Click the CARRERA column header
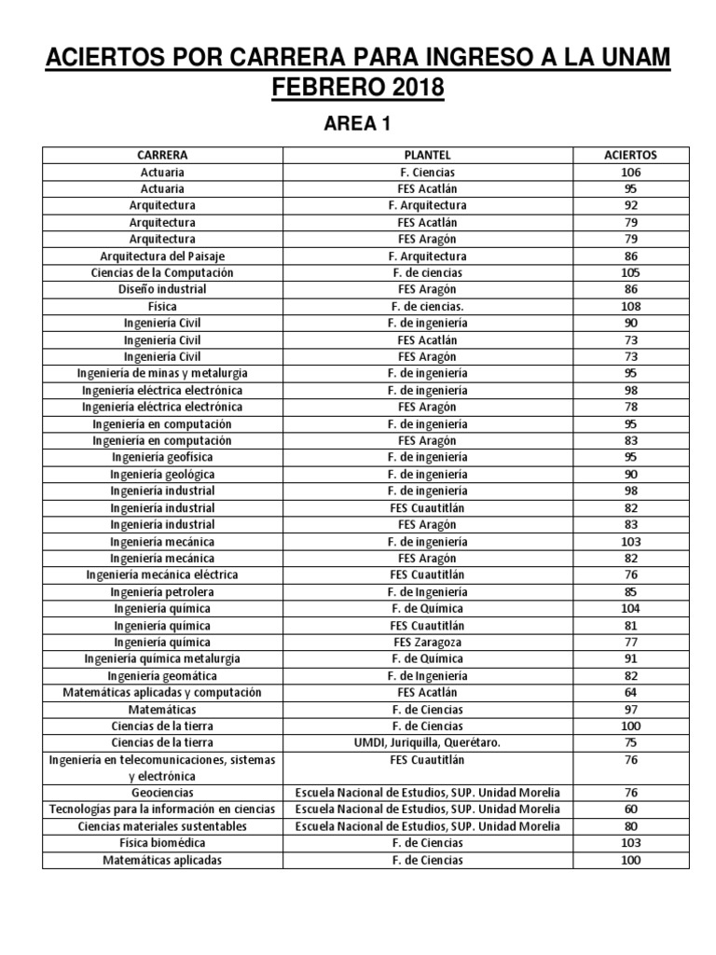(x=162, y=155)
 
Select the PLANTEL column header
(x=428, y=155)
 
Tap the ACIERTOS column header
(x=630, y=155)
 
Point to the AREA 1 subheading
(x=357, y=124)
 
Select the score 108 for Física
(x=630, y=306)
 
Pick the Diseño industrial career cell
(x=162, y=289)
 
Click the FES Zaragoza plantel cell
(x=428, y=642)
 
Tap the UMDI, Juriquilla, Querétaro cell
(x=428, y=742)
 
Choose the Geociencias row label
(x=162, y=793)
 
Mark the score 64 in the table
(x=630, y=692)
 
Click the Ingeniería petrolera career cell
(x=162, y=591)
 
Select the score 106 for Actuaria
(x=630, y=172)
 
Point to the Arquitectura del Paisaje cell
(x=162, y=256)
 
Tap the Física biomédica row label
(x=162, y=843)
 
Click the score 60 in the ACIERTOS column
(x=630, y=810)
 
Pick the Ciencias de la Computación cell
(x=162, y=272)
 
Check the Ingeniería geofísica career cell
(x=162, y=457)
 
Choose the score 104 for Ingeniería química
(x=630, y=608)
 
